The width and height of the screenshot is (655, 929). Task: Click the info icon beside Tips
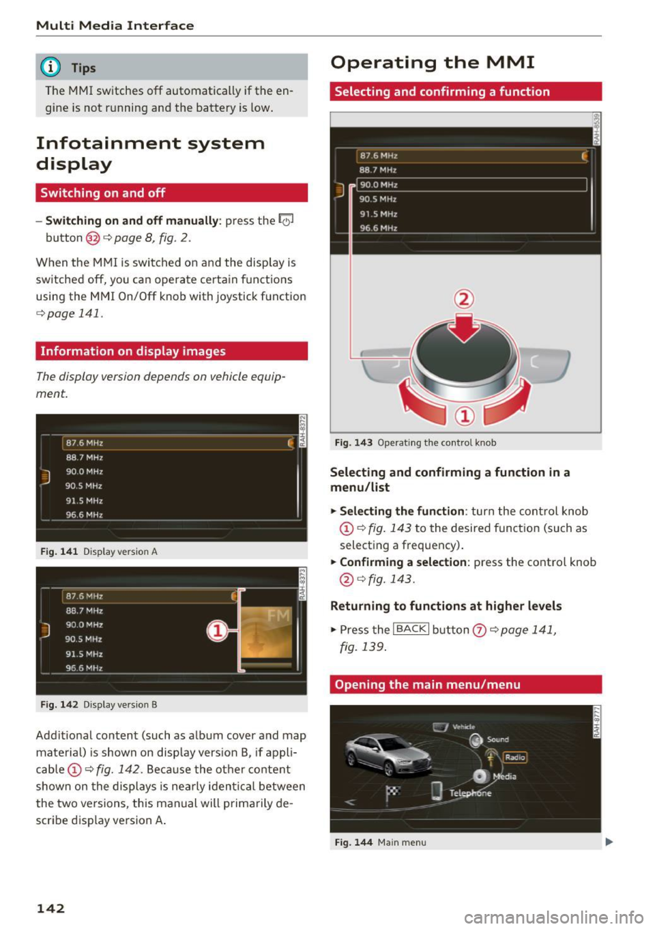pyautogui.click(x=50, y=67)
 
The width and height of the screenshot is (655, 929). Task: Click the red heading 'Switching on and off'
pyautogui.click(x=102, y=193)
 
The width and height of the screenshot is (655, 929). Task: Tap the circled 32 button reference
pyautogui.click(x=93, y=238)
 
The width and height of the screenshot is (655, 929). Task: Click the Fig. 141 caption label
pyautogui.click(x=59, y=552)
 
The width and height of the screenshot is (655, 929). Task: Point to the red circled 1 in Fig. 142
pyautogui.click(x=217, y=631)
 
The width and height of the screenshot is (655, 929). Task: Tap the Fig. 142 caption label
pyautogui.click(x=59, y=704)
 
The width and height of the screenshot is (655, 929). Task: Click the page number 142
pyautogui.click(x=50, y=908)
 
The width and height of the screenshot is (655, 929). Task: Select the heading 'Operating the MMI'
pyautogui.click(x=432, y=63)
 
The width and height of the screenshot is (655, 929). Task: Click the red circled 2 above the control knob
pyautogui.click(x=464, y=299)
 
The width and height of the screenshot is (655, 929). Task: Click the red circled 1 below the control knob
pyautogui.click(x=465, y=416)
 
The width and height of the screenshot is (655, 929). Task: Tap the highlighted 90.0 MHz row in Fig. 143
pyautogui.click(x=471, y=185)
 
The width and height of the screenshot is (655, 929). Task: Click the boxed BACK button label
pyautogui.click(x=411, y=629)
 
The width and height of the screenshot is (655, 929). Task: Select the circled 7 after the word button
pyautogui.click(x=479, y=630)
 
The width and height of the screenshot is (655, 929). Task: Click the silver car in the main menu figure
pyautogui.click(x=387, y=756)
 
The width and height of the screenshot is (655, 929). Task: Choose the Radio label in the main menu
pyautogui.click(x=515, y=757)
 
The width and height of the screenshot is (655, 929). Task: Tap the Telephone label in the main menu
pyautogui.click(x=470, y=793)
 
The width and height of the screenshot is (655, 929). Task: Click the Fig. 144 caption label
pyautogui.click(x=353, y=842)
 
